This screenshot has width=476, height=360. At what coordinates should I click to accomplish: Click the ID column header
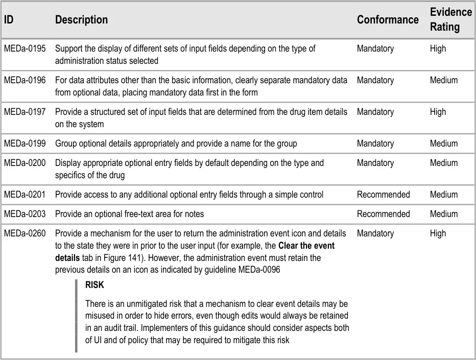(9, 20)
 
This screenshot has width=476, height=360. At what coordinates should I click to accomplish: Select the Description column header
(81, 20)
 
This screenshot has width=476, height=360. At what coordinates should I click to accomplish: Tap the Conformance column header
(388, 20)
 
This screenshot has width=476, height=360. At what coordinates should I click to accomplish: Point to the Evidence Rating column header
(451, 19)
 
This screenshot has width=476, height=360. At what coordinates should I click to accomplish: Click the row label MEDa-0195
(25, 49)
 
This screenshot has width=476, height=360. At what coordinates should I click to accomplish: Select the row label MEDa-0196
(25, 81)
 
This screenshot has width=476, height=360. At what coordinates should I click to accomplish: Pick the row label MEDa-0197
(25, 112)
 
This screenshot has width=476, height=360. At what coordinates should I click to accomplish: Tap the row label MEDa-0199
(25, 144)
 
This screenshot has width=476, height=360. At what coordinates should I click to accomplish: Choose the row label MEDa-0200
(25, 163)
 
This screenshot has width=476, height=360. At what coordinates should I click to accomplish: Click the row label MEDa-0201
(25, 195)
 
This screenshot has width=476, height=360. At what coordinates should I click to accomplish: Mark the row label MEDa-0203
(25, 214)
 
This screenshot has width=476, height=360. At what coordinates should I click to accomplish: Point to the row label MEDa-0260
(25, 234)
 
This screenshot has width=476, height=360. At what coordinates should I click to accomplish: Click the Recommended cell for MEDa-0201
(383, 195)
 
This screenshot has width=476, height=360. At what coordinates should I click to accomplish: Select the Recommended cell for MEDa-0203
(383, 214)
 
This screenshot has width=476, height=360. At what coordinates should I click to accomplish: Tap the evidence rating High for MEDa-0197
(438, 112)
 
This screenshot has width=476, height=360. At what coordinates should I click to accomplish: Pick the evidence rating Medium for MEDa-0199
(444, 144)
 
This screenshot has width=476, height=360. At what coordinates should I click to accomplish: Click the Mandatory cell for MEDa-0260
(375, 234)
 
